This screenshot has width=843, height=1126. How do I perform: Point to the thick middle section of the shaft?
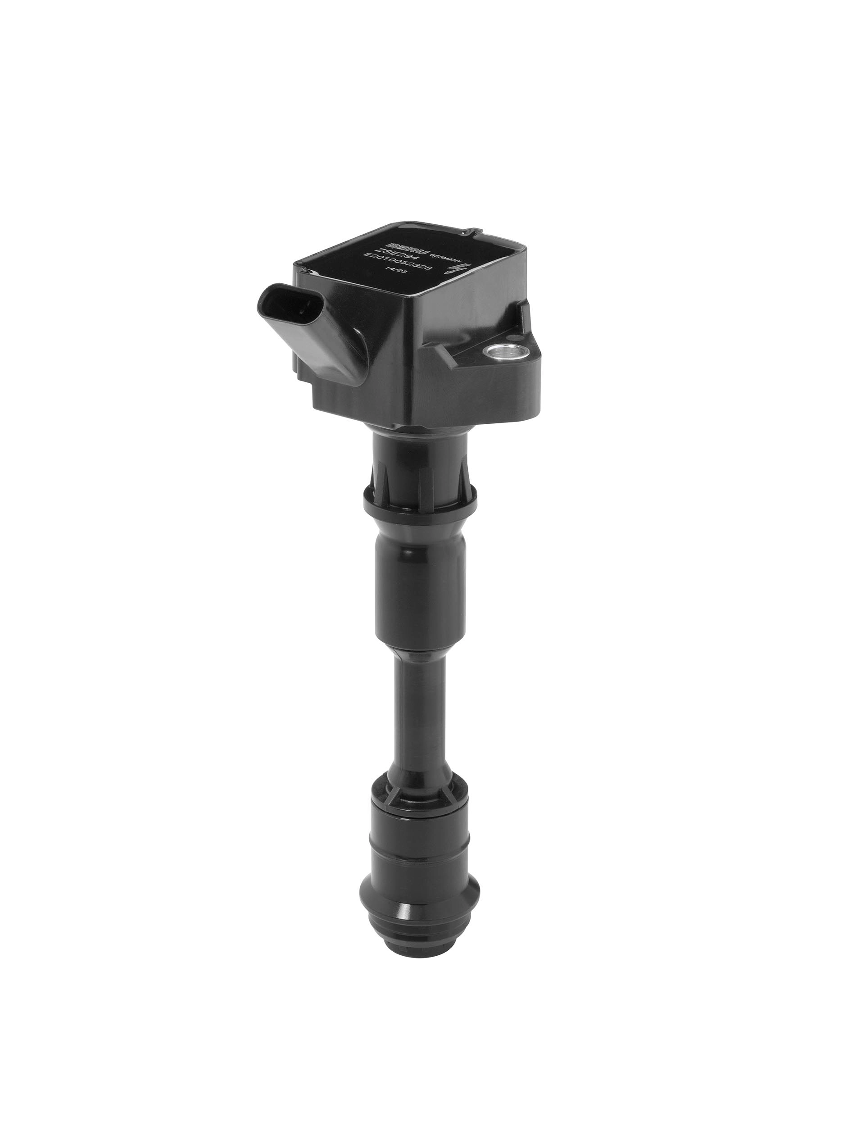tap(420, 580)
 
